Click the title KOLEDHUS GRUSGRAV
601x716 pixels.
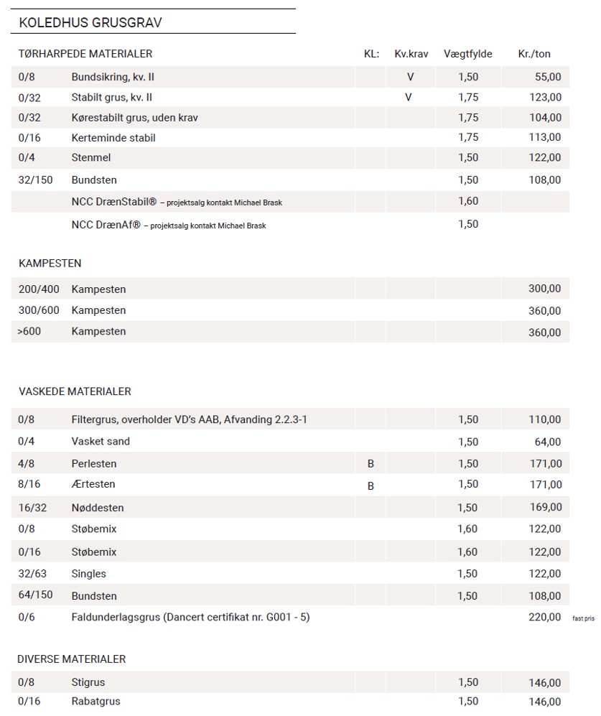(x=90, y=22)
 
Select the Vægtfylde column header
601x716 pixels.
(x=467, y=54)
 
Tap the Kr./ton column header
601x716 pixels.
(x=534, y=54)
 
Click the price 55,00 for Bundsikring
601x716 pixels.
(x=548, y=77)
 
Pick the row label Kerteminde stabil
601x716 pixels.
(x=113, y=137)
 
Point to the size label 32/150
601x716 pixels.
(x=35, y=180)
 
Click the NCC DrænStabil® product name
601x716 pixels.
(x=115, y=202)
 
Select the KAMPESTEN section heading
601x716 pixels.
(x=50, y=264)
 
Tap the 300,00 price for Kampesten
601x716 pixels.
(x=544, y=289)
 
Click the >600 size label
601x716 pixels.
(x=31, y=331)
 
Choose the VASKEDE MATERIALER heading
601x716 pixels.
(x=75, y=391)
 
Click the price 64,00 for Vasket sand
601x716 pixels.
(x=548, y=442)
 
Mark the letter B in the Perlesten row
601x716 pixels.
(x=371, y=464)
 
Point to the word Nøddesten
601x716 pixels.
(x=98, y=508)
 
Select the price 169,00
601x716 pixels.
(x=545, y=508)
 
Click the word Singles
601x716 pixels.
(x=88, y=573)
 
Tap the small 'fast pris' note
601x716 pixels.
(x=584, y=618)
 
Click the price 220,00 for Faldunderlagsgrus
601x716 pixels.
(x=545, y=617)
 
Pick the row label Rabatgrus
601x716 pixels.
(x=95, y=701)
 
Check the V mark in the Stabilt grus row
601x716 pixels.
(x=409, y=97)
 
